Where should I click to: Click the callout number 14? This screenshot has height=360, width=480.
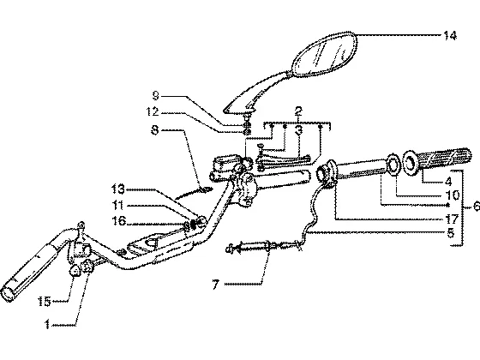click(450, 35)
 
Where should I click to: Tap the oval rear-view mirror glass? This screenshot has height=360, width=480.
click(325, 54)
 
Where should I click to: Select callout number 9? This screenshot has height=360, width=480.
click(156, 96)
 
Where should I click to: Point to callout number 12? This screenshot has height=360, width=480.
click(153, 111)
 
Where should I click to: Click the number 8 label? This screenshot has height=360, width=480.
click(155, 130)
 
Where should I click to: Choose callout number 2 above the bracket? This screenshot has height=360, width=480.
click(298, 111)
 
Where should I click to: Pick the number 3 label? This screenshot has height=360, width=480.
click(299, 129)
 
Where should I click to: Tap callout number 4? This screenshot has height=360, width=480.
click(448, 182)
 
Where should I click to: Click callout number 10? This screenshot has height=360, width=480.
click(453, 195)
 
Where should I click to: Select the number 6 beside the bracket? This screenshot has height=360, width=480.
click(477, 207)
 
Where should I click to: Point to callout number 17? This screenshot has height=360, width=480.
click(453, 219)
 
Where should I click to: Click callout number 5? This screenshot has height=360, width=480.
click(450, 233)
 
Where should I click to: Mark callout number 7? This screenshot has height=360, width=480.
click(216, 285)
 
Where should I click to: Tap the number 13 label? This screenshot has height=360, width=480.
click(118, 189)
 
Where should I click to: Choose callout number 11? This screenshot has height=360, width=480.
click(118, 205)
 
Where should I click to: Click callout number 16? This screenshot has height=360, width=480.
click(119, 220)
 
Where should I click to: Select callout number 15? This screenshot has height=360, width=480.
click(44, 302)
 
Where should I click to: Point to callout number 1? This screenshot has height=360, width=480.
click(47, 324)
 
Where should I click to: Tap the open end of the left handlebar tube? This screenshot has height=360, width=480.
click(8, 294)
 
